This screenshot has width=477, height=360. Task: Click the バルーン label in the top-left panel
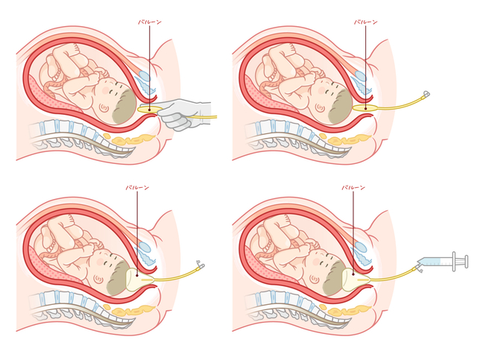pyautogui.click(x=150, y=22)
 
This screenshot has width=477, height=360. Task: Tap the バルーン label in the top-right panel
pyautogui.click(x=366, y=22)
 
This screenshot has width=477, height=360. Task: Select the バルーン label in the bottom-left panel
pyautogui.click(x=137, y=188)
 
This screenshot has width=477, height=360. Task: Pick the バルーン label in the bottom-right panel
pyautogui.click(x=353, y=188)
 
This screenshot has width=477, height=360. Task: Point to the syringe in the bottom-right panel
pyautogui.click(x=443, y=262)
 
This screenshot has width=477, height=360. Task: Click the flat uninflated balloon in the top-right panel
pyautogui.click(x=365, y=108)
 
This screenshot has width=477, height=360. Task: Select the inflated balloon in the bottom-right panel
pyautogui.click(x=355, y=279)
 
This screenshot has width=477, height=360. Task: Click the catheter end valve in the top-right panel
pyautogui.click(x=426, y=94)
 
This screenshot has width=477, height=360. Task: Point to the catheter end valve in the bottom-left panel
pyautogui.click(x=200, y=265)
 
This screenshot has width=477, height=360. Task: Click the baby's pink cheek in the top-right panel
pyautogui.click(x=323, y=90)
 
